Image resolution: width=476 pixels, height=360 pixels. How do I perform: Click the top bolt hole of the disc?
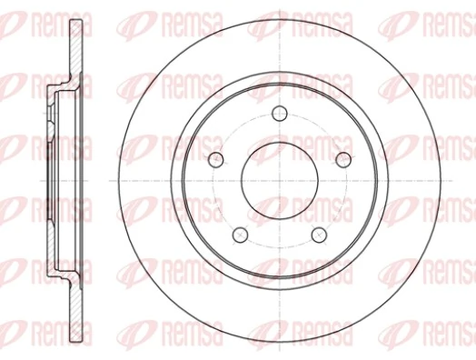click(280, 113)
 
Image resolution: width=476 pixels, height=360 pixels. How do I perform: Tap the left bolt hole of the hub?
click(216, 160)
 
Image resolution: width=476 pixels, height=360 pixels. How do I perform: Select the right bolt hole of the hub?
click(343, 160)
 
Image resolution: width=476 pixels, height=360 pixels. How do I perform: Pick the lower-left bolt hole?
click(241, 235)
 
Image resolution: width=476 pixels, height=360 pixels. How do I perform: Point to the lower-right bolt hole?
click(319, 235)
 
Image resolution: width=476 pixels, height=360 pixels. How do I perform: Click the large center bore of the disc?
click(280, 180)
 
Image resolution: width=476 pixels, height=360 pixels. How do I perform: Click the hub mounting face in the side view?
click(45, 180)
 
